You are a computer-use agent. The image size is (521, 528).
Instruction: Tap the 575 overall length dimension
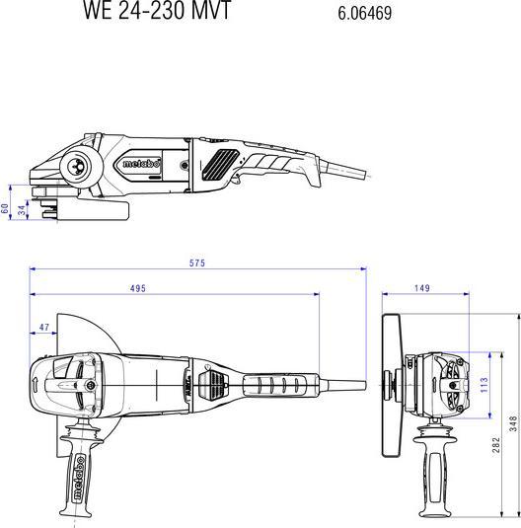(197, 263)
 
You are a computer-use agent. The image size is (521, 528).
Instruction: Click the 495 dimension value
(137, 288)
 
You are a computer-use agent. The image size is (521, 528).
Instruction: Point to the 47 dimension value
(43, 326)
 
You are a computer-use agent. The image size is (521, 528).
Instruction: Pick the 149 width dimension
(421, 288)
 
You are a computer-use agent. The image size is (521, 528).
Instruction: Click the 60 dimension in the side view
(5, 208)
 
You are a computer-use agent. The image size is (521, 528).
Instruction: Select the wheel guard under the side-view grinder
(89, 208)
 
